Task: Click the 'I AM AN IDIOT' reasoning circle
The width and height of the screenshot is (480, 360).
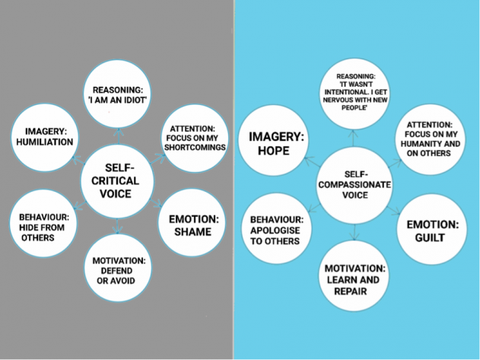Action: tap(118, 94)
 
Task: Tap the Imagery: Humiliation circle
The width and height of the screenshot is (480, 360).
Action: tap(44, 137)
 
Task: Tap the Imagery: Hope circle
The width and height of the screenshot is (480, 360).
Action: tap(277, 145)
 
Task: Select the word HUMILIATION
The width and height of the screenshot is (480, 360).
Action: tap(44, 142)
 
